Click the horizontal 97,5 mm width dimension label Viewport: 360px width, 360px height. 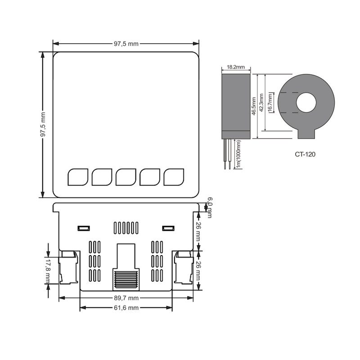126,44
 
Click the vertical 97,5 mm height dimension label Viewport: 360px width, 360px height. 43,125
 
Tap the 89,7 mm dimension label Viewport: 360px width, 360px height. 126,298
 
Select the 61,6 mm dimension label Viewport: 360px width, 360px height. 126,308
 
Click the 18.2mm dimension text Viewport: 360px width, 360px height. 236,67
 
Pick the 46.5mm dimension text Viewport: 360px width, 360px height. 254,106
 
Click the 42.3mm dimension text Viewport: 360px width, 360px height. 261,103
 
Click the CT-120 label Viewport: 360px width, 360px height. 305,154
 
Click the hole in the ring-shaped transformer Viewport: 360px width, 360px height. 306,103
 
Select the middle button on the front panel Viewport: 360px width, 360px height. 126,177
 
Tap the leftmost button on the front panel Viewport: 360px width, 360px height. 78,177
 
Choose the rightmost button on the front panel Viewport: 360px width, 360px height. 174,177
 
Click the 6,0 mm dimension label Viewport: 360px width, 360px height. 209,207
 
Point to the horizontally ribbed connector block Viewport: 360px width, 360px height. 126,279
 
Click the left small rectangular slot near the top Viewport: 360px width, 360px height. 84,228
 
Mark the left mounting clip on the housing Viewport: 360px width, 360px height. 68,267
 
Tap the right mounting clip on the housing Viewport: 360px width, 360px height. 184,267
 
